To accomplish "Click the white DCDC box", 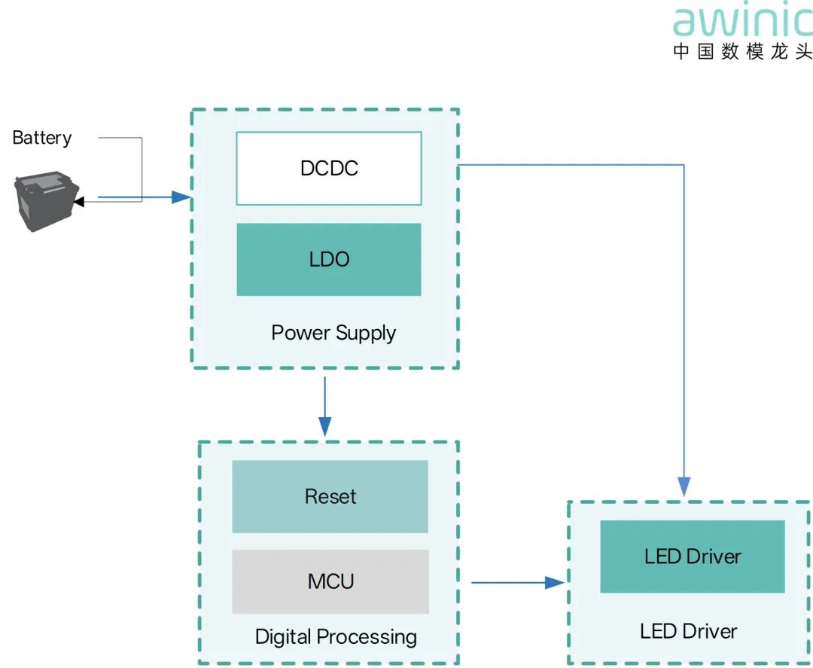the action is [x=329, y=169].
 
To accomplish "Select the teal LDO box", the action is [x=329, y=259].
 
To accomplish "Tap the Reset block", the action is [x=330, y=496].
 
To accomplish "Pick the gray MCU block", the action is [x=330, y=581].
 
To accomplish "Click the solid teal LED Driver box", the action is [x=693, y=557].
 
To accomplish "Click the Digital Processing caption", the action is [x=336, y=637].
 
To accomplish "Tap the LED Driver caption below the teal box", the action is [x=688, y=631].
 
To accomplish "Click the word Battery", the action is [x=42, y=138].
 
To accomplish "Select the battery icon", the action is [x=46, y=201].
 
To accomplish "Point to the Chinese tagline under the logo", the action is [x=742, y=51].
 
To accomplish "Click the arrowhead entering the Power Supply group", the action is [x=181, y=197].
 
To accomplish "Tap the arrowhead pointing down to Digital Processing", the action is [x=325, y=426].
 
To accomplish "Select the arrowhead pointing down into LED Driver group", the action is [x=684, y=487].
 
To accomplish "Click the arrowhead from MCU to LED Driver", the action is [x=555, y=582].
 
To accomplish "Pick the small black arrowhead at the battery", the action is [x=79, y=201].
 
